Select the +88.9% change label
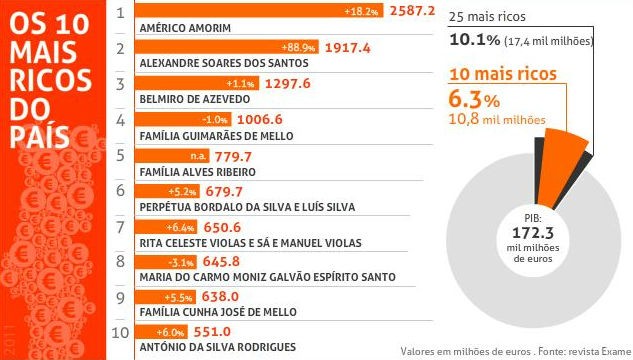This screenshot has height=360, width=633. point(301,47)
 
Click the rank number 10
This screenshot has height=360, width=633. point(119,332)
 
